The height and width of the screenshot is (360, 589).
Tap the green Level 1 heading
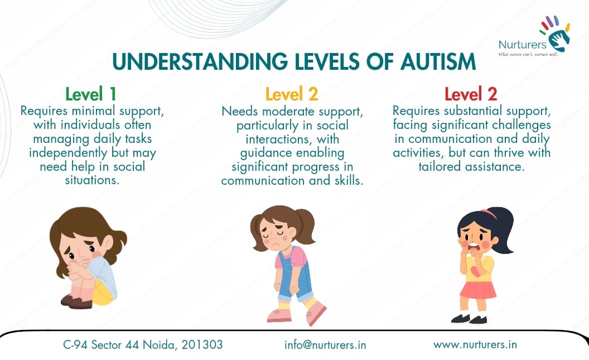pyautogui.click(x=91, y=93)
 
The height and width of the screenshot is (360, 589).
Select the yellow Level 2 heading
pyautogui.click(x=292, y=93)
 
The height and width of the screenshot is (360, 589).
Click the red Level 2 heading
pyautogui.click(x=471, y=93)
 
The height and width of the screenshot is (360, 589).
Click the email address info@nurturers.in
pyautogui.click(x=325, y=344)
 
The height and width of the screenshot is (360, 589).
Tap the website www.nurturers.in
pyautogui.click(x=475, y=344)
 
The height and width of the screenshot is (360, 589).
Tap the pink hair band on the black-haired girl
pyautogui.click(x=489, y=213)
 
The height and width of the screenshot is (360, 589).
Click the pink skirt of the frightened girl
pyautogui.click(x=477, y=290)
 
